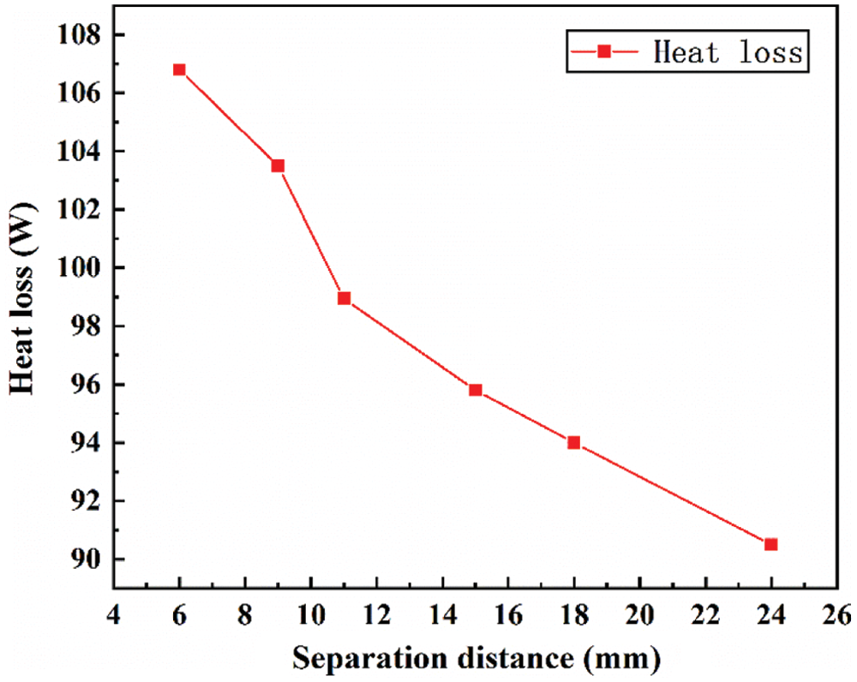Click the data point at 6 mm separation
179,69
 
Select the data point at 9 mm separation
278,165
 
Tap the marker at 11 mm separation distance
344,298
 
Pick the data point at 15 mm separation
476,390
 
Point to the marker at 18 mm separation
574,442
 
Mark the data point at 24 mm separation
771,544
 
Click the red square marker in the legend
603,52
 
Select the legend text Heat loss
727,52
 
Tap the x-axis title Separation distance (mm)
476,658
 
